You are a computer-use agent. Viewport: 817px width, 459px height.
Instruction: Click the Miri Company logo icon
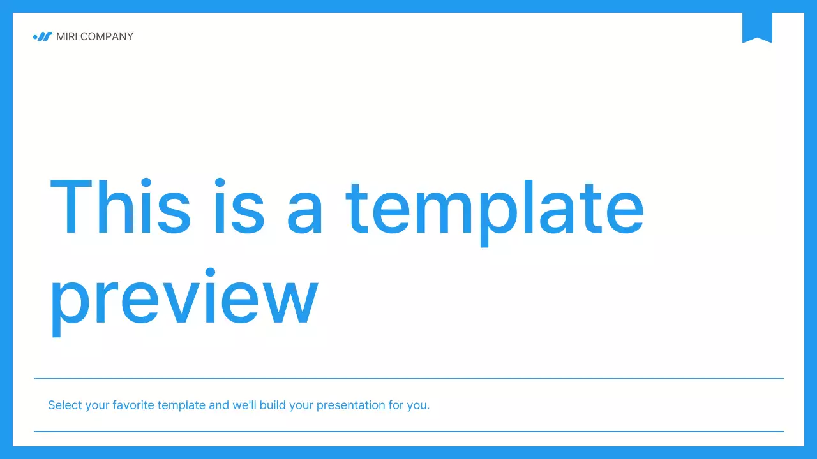point(42,36)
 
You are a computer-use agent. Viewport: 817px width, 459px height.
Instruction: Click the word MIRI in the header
point(66,36)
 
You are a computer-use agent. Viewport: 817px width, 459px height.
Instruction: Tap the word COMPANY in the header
point(107,36)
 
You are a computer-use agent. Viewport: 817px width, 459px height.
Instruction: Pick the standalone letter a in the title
point(304,214)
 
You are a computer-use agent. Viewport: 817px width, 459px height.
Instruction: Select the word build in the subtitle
point(273,405)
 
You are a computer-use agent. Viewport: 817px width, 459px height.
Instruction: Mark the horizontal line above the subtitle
point(408,379)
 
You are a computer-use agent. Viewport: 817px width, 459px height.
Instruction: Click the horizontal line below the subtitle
point(408,432)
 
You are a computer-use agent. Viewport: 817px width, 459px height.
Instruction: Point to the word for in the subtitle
point(396,405)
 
